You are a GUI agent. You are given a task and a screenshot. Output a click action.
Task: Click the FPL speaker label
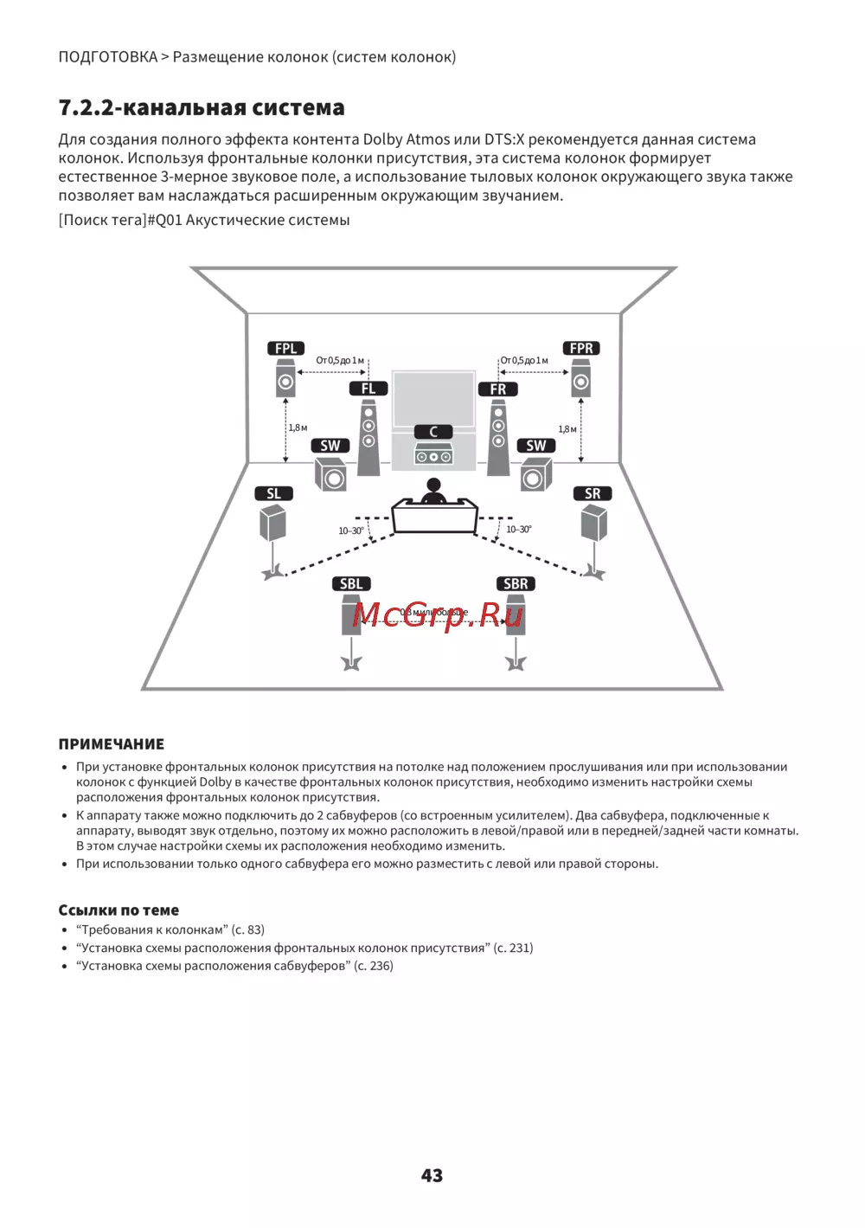click(285, 349)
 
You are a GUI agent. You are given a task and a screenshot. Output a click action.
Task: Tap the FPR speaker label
click(581, 349)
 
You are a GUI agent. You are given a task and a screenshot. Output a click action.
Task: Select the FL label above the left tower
click(368, 389)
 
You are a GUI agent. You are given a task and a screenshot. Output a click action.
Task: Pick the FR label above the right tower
click(498, 389)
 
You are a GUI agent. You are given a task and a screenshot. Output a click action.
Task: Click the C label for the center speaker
click(433, 432)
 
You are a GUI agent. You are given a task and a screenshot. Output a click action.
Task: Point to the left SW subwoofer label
click(330, 446)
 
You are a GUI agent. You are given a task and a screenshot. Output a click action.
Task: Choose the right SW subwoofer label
click(536, 446)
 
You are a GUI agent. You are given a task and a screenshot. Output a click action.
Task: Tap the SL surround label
click(273, 493)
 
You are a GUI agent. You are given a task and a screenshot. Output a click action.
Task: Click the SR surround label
click(593, 493)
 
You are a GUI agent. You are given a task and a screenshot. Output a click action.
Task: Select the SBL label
click(351, 584)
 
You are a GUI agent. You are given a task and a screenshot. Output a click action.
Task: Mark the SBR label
click(516, 584)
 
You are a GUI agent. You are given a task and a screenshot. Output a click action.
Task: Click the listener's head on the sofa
click(432, 487)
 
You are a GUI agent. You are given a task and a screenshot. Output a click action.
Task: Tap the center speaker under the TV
click(433, 453)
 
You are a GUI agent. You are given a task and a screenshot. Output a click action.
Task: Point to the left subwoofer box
click(330, 474)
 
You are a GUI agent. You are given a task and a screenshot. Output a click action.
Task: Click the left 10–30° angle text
click(350, 530)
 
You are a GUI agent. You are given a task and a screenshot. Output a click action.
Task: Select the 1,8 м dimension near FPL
click(298, 428)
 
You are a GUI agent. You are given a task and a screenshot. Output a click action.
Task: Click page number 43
click(432, 1175)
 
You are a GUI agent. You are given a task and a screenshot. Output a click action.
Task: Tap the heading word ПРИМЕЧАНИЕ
click(111, 744)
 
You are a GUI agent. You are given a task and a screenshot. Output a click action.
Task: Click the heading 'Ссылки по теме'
click(119, 910)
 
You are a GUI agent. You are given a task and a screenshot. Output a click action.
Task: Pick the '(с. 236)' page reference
click(374, 966)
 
